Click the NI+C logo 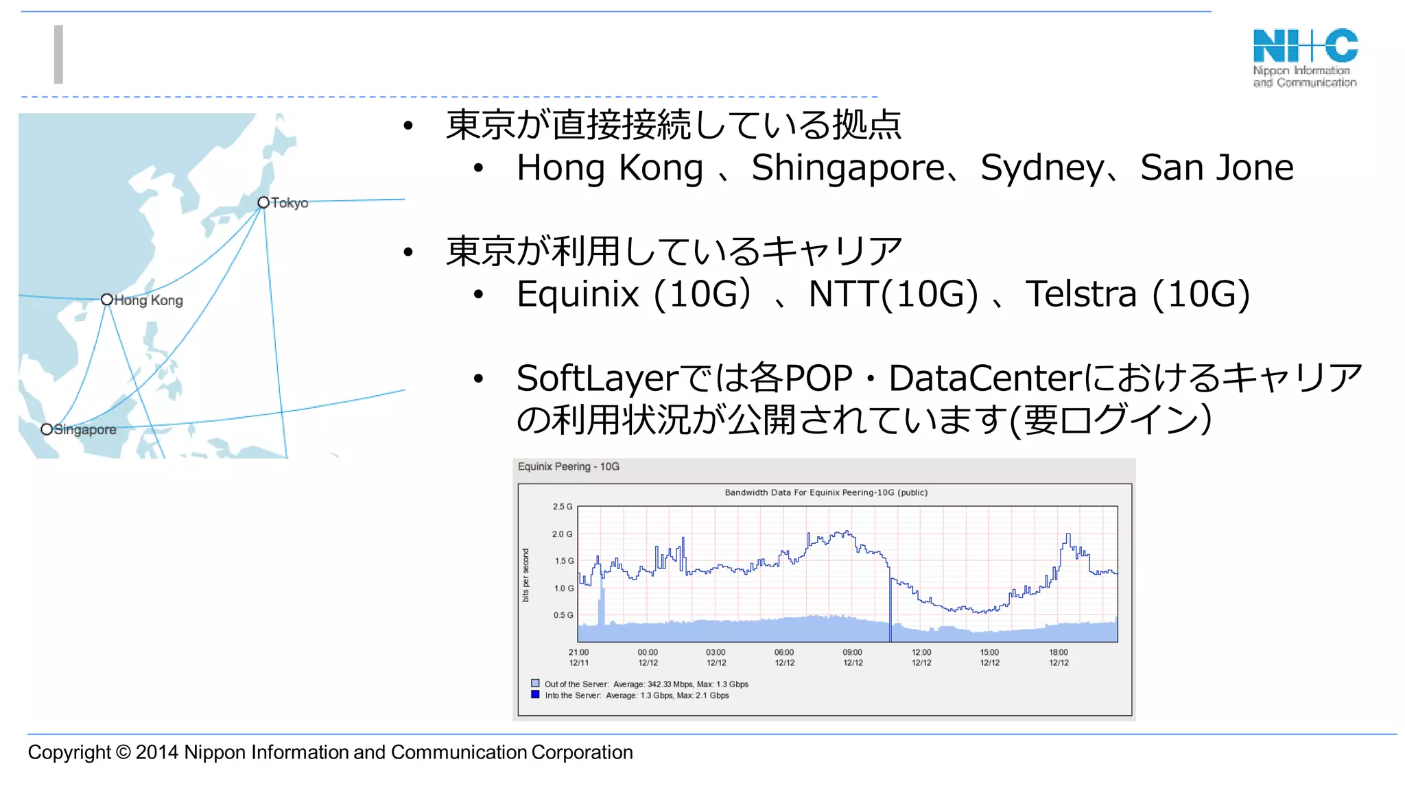pos(1305,57)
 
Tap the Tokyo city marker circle pos(263,202)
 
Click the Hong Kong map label pos(148,300)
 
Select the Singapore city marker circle pos(47,429)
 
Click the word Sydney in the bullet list pos(1042,168)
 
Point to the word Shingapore pos(848,168)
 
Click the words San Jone pos(1216,168)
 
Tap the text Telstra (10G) pos(1137,294)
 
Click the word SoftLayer pos(597,378)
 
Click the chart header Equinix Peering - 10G pos(568,467)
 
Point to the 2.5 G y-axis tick pos(562,507)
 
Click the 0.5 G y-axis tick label pos(563,615)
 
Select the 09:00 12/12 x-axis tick pos(853,658)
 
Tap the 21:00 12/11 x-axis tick pos(578,658)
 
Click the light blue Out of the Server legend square pos(535,684)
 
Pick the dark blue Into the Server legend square pos(535,695)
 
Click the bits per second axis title pos(526,575)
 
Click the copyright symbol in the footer pos(123,752)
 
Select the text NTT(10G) pos(893,294)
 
